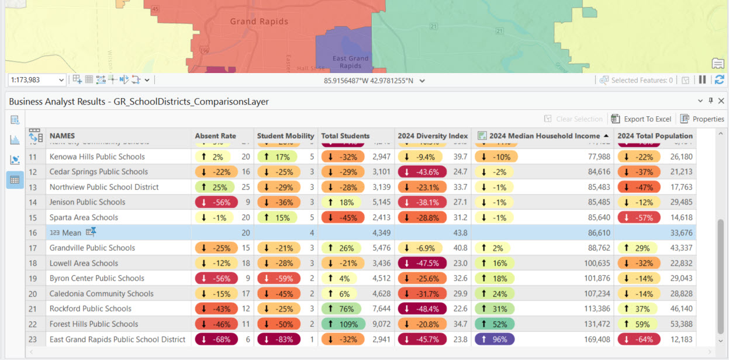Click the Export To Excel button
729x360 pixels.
[641, 119]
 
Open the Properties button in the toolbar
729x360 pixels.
[702, 119]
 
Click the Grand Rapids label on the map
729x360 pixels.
[259, 22]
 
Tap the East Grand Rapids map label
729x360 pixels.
[350, 62]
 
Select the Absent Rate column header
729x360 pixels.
[216, 136]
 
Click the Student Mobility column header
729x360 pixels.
[285, 136]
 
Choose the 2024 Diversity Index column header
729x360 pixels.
[433, 136]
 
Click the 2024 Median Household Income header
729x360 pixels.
[544, 136]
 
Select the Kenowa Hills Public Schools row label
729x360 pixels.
[97, 157]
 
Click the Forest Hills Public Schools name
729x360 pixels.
[94, 324]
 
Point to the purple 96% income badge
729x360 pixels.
[495, 339]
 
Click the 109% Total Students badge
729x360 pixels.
[343, 324]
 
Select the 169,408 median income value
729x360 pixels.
[596, 339]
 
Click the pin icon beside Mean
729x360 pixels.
[91, 233]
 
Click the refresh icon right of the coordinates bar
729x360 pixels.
[719, 80]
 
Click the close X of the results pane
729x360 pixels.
[721, 101]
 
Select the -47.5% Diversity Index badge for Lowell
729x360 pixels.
[422, 263]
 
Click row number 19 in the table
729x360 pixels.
[33, 278]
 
